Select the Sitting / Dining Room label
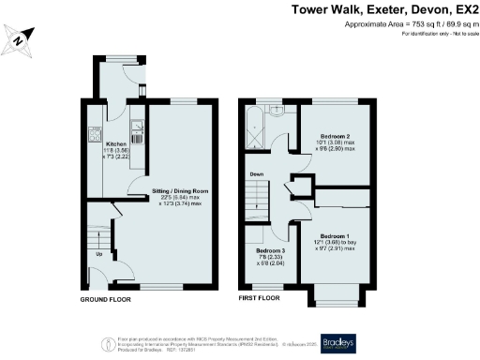178,190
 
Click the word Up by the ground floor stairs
98,253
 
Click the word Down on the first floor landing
256,175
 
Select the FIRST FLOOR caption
258,297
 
